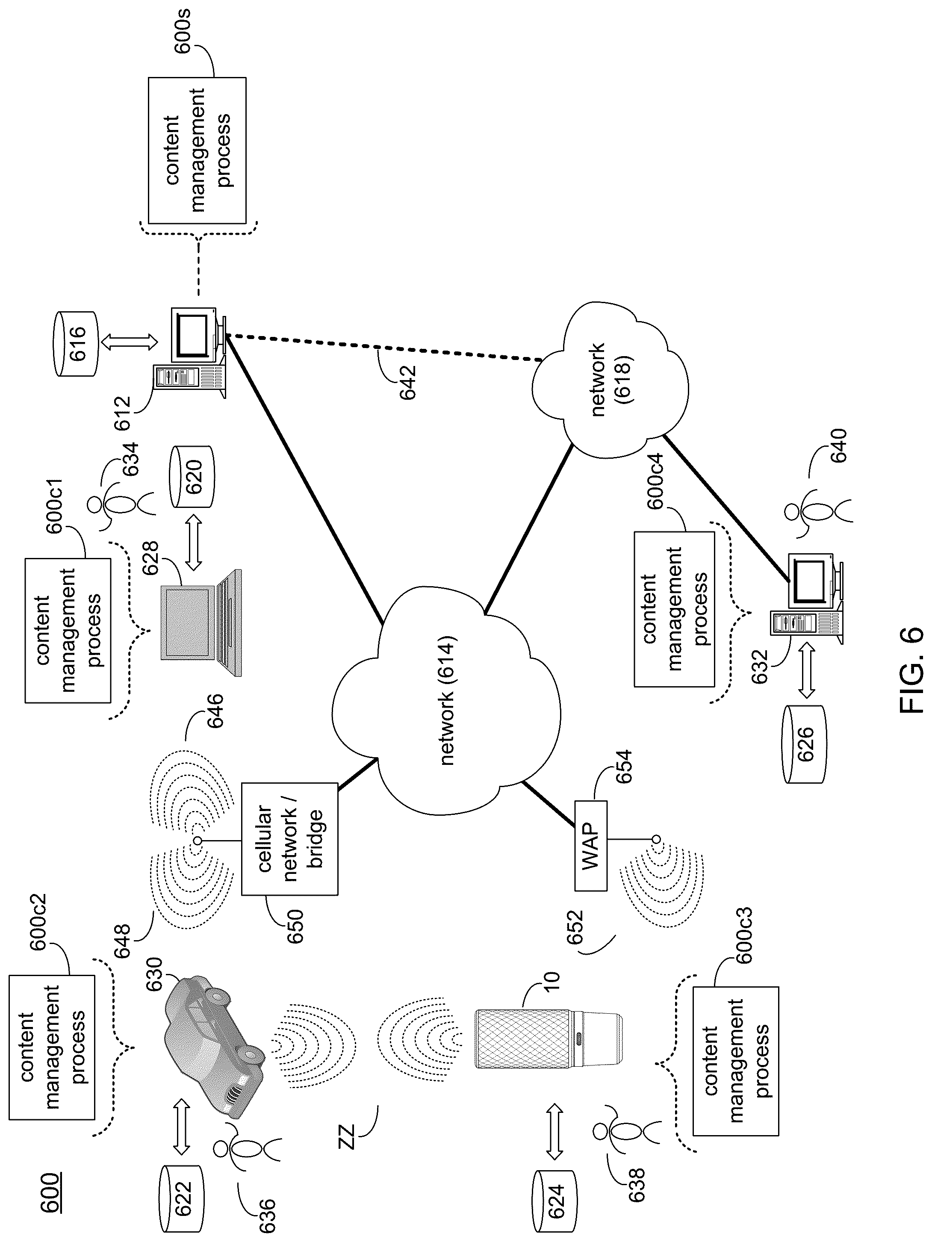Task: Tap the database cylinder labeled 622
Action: (x=183, y=1198)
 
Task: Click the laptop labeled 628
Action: (x=201, y=622)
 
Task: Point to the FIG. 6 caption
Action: (x=910, y=670)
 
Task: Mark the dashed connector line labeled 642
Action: (x=385, y=347)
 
